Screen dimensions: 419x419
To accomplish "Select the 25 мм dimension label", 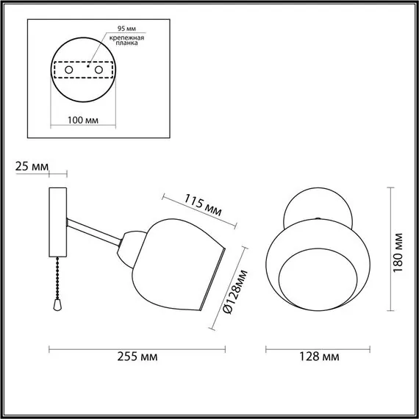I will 30,167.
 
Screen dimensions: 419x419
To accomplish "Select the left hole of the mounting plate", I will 68,69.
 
